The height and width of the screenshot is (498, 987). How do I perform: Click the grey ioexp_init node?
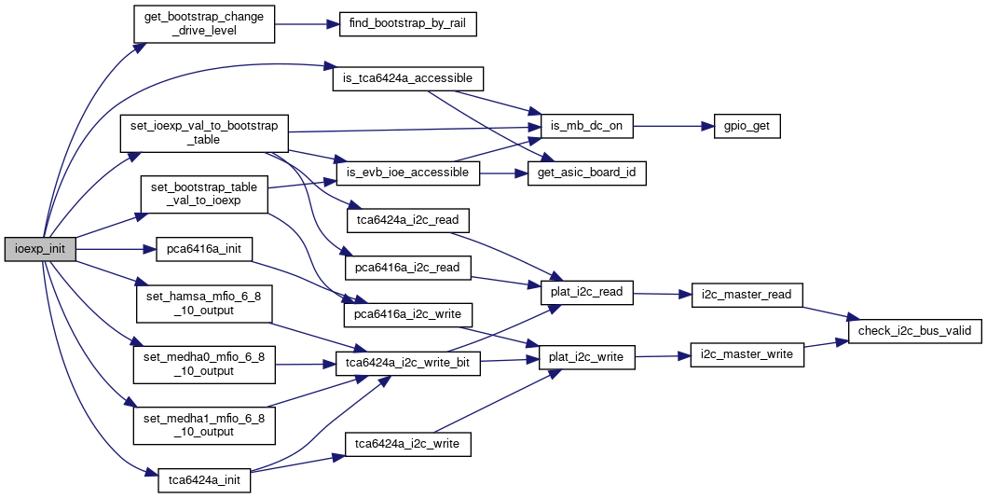click(39, 250)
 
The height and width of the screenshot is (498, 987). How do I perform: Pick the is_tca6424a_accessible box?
click(408, 78)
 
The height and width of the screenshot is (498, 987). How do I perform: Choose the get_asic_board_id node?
click(587, 173)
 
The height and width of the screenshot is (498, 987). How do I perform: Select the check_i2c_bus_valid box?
click(913, 331)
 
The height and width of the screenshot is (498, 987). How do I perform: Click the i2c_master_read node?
click(747, 295)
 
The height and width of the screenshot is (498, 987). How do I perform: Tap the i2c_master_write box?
click(747, 354)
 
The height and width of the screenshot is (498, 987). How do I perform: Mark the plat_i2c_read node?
click(587, 292)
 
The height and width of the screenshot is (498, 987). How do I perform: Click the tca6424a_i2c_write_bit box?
click(408, 363)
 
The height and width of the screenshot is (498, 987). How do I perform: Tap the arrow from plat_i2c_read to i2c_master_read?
click(662, 294)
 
